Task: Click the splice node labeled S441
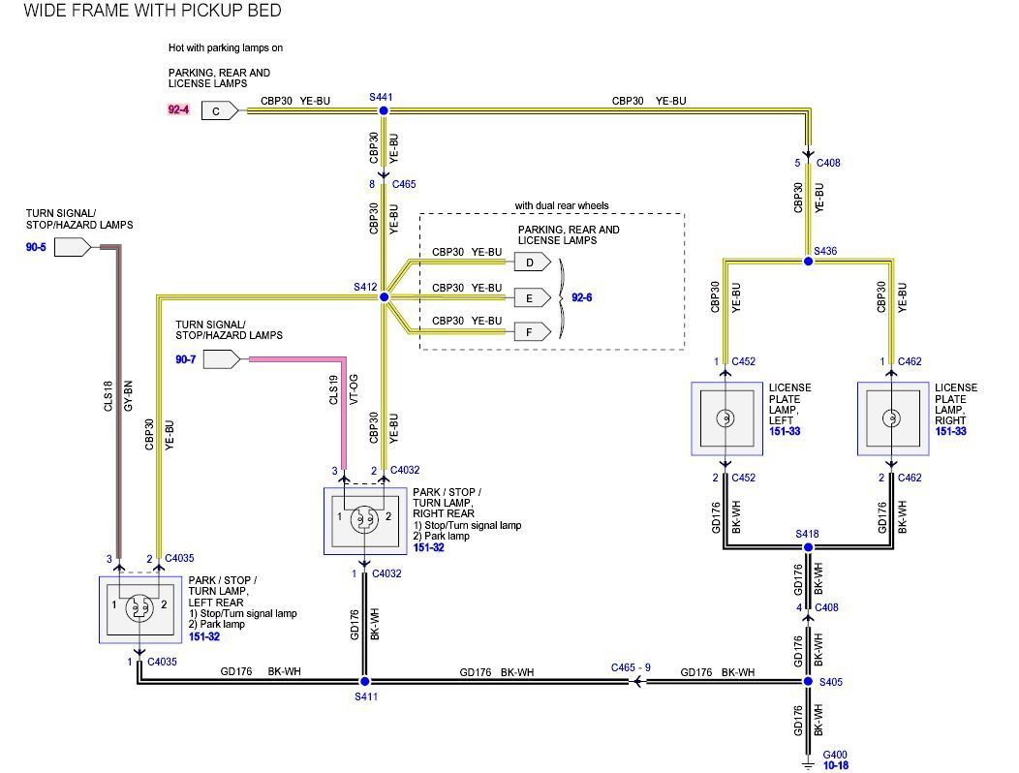click(x=383, y=111)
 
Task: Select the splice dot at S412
click(x=384, y=296)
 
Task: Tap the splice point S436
click(x=809, y=261)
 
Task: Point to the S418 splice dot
click(x=809, y=547)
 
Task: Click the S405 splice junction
click(x=809, y=682)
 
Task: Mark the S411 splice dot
click(x=364, y=682)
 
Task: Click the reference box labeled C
click(x=218, y=111)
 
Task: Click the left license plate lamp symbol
click(x=723, y=418)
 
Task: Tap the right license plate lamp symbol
click(x=889, y=418)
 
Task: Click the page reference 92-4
click(x=179, y=110)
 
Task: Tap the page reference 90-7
click(x=185, y=359)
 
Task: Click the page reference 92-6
click(x=581, y=297)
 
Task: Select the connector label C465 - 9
click(x=631, y=667)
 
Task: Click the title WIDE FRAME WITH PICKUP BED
click(x=152, y=12)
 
